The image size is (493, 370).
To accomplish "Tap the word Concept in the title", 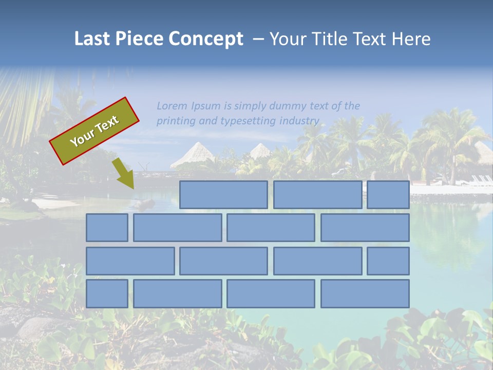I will coord(206,39).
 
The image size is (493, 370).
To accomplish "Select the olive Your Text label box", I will coord(94,131).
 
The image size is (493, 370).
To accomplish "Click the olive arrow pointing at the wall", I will coord(124,173).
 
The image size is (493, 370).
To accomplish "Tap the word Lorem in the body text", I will coord(172,106).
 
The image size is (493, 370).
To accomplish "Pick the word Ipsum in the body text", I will coord(206,106).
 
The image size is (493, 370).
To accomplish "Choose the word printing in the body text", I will coord(176,121).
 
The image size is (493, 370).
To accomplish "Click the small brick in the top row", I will coord(388,195).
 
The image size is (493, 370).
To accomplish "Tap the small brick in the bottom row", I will coord(107,293).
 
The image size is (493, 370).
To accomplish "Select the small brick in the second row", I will coord(107,228).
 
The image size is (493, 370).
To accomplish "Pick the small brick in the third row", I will coord(388,261).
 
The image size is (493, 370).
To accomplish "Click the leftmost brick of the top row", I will coord(223,195).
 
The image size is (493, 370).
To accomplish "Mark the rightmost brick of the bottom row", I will coord(365,293).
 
